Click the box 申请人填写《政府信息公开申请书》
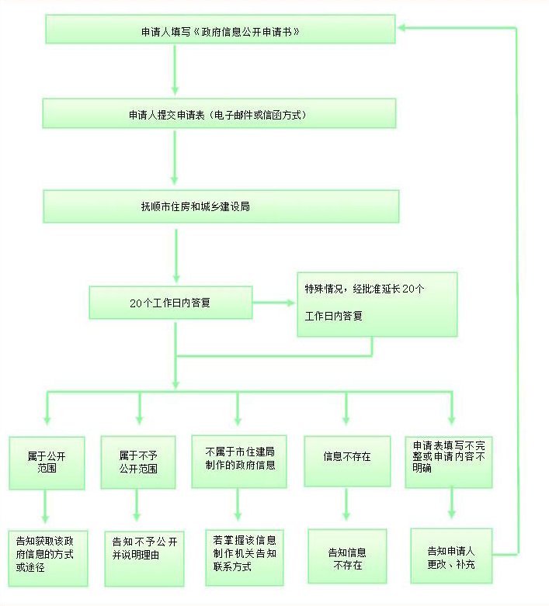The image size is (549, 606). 221,29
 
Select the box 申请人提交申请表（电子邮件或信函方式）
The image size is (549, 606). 220,113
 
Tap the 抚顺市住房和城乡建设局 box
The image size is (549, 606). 221,206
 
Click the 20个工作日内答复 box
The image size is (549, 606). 171,303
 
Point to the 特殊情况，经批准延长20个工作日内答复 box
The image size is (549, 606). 377,304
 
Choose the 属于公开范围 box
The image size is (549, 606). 47,463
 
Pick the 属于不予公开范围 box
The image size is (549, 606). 138,462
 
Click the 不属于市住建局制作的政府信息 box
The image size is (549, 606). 239,462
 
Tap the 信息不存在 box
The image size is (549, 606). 347,461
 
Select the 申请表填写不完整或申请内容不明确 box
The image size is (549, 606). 449,462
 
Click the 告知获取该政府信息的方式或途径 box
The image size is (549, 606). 48,559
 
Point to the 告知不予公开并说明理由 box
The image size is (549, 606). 144,559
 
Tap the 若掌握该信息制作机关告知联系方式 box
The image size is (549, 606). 245,557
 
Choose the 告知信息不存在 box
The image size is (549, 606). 347,556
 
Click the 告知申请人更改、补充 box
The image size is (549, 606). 451,556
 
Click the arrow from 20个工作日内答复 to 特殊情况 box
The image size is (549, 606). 274,303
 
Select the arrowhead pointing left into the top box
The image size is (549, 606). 402,28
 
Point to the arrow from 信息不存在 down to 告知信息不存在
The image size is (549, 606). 346,504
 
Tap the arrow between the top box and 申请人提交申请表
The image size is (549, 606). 175,70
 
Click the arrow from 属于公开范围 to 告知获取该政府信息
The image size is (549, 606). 45,506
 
